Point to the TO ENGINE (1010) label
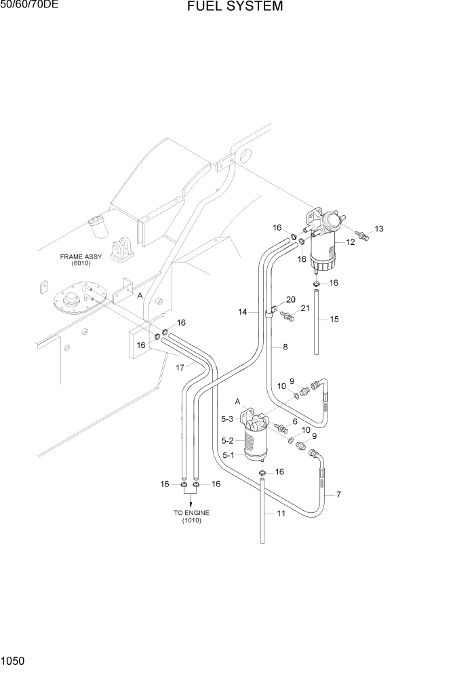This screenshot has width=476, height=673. click(x=191, y=516)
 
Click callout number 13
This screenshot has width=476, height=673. click(x=379, y=229)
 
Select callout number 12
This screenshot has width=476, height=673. click(x=351, y=242)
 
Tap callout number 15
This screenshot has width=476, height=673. click(x=334, y=319)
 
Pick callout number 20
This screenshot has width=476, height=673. click(x=290, y=299)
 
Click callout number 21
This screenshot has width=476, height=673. click(x=305, y=309)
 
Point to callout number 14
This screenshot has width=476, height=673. click(x=242, y=312)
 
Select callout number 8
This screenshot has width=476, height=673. click(x=285, y=347)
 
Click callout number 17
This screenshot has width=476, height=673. click(x=180, y=368)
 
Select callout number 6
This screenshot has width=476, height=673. click(x=294, y=421)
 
